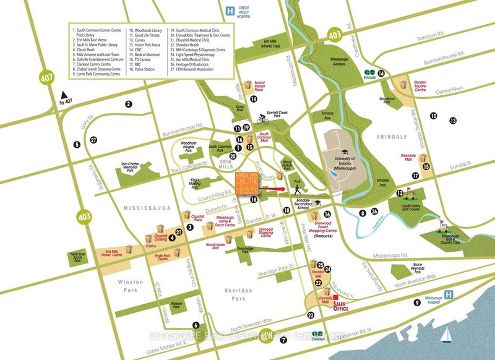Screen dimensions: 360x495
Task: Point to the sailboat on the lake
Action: click(x=444, y=335)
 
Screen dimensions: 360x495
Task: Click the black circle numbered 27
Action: click(x=93, y=140)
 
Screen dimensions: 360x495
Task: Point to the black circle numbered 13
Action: click(x=454, y=121)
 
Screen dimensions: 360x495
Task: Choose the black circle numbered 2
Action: click(x=129, y=105)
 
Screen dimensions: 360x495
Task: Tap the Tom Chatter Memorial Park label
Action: click(x=131, y=169)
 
